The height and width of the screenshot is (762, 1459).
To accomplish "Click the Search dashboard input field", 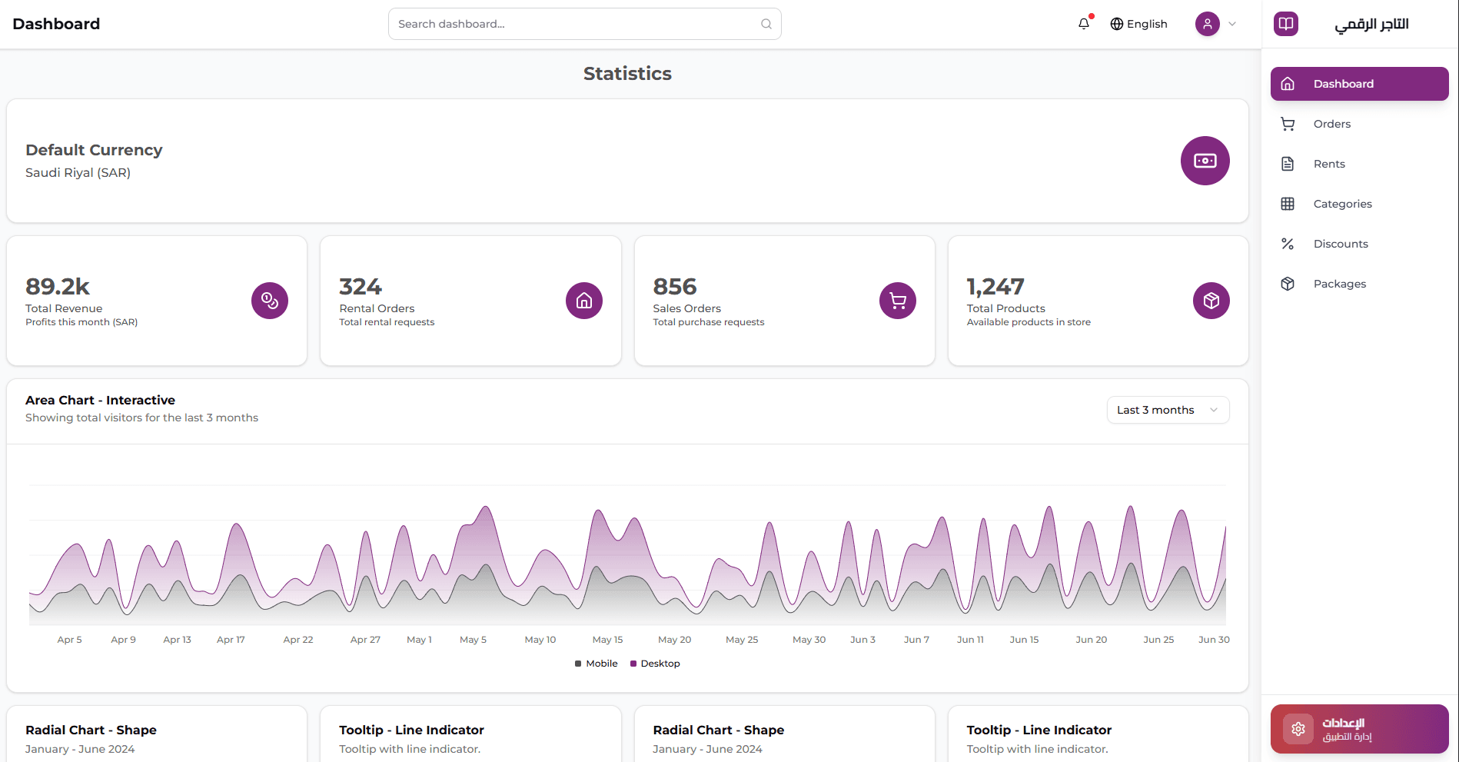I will [577, 24].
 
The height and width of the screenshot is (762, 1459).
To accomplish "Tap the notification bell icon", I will [1084, 24].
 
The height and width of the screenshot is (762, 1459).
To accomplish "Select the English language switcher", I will [1138, 24].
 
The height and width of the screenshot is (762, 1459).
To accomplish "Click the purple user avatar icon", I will [1207, 24].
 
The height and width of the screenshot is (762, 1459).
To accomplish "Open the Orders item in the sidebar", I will [1331, 124].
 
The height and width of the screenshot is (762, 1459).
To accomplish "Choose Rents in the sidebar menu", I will [1329, 164].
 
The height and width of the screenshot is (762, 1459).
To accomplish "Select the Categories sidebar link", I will [1342, 204].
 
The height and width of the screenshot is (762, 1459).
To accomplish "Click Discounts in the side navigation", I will [1340, 244].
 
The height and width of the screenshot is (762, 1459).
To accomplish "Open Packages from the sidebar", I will [1339, 284].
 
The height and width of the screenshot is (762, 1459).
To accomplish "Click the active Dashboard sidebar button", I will [1358, 84].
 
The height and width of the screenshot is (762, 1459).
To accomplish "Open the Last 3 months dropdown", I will [1167, 410].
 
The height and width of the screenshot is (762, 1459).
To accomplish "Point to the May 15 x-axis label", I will [607, 640].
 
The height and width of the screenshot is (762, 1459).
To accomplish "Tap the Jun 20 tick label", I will [1091, 640].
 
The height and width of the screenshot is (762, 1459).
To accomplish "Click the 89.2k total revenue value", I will [58, 287].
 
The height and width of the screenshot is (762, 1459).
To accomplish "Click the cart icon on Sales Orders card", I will [897, 301].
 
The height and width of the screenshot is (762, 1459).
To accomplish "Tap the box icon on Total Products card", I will [1211, 301].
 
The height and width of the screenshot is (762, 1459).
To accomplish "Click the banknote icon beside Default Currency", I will [1205, 161].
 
